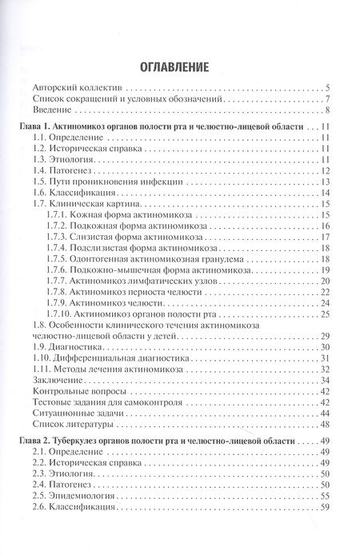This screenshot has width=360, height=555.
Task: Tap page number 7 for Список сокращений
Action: pyautogui.click(x=329, y=99)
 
